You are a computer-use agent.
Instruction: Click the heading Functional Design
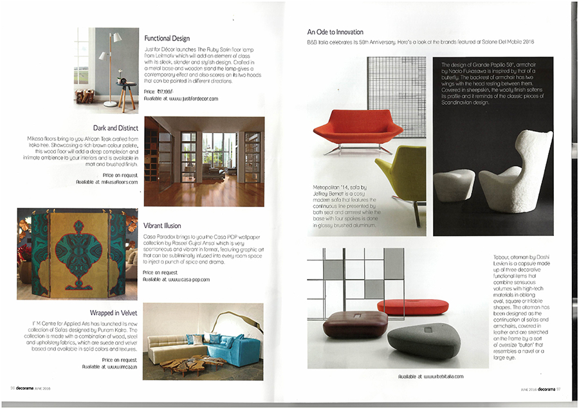pos(167,39)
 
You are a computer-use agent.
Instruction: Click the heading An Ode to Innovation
pos(335,32)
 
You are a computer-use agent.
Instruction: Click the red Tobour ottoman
pos(412,305)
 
